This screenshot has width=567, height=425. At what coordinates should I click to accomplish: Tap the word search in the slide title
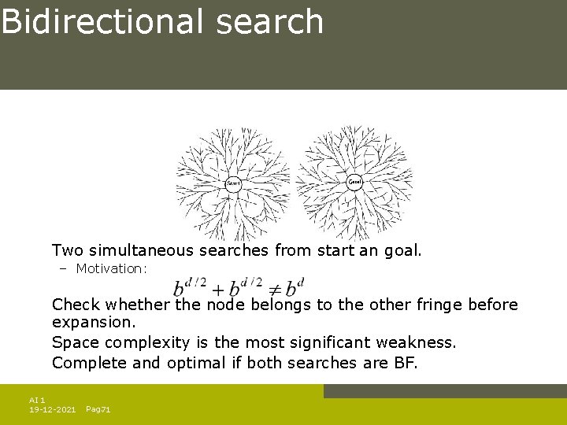pos(269,22)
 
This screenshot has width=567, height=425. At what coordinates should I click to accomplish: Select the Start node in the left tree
pos(233,183)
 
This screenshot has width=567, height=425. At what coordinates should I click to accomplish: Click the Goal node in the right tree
pos(355,182)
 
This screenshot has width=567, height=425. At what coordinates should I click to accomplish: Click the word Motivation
pos(111,269)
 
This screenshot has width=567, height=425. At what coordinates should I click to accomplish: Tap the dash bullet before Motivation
pos(63,269)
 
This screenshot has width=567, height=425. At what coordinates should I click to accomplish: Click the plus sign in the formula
pos(217,288)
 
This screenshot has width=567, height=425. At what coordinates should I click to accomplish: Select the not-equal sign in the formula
pos(275,289)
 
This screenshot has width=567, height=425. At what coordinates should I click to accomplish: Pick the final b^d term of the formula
pos(295,286)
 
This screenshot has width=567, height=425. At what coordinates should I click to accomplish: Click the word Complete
pos(84,363)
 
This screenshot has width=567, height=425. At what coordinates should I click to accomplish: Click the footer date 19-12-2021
pos(52,410)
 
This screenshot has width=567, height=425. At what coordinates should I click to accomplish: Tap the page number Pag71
pos(98,410)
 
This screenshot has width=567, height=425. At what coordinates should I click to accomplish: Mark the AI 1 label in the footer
pos(36,401)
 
